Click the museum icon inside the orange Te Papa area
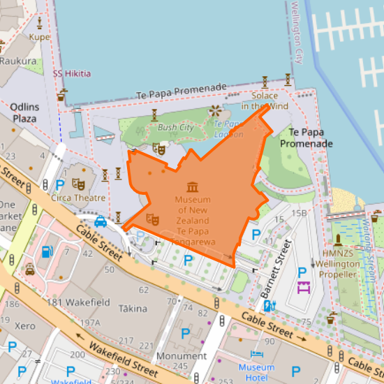[193, 186]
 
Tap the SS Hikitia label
[72, 73]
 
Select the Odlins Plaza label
[24, 112]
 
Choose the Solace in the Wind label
[265, 101]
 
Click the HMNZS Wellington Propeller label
[337, 264]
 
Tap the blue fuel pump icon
[47, 251]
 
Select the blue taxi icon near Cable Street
[101, 222]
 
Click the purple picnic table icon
[304, 287]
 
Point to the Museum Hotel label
[256, 372]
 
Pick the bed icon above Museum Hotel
[256, 355]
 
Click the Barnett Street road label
[275, 269]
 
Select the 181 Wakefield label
[78, 302]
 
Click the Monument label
[182, 355]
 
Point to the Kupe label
[40, 36]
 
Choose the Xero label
[24, 326]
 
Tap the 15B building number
[300, 213]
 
